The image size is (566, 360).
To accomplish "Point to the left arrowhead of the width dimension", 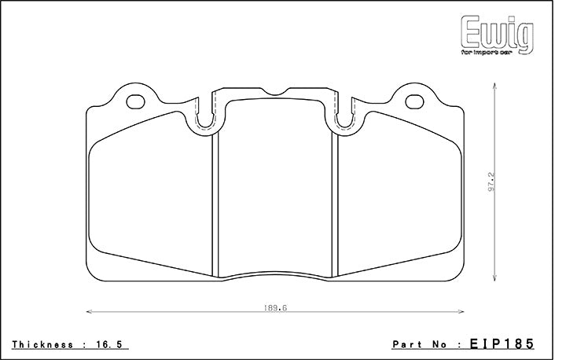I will pyautogui.click(x=88, y=312).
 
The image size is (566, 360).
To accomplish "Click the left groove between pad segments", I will pyautogui.click(x=215, y=204).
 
